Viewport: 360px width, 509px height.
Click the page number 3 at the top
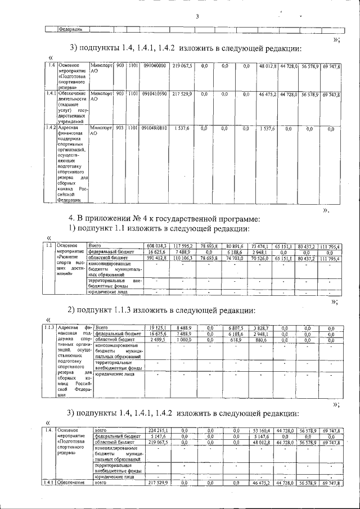[197, 16]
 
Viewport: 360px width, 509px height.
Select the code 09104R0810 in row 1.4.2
[154, 128]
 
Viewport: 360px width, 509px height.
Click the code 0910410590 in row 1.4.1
[154, 94]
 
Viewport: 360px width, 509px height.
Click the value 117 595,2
[183, 246]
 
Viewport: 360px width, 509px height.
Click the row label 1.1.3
[48, 327]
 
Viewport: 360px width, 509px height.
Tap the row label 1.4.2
[49, 128]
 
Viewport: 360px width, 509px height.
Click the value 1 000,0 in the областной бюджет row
[183, 340]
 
